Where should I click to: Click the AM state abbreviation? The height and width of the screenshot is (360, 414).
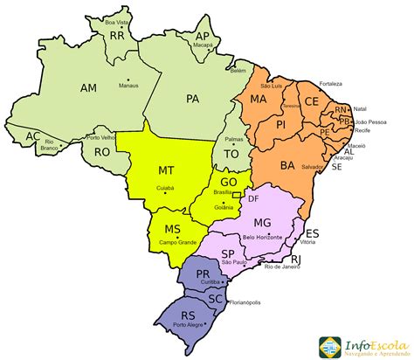click(x=88, y=88)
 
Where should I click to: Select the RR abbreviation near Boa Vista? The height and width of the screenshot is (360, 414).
click(x=117, y=36)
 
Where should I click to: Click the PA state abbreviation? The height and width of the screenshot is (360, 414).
click(x=193, y=99)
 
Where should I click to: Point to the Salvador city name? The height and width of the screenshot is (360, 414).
click(x=312, y=166)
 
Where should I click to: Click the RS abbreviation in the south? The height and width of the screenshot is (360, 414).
click(x=187, y=315)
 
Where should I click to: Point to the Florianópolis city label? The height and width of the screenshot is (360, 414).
click(x=247, y=307)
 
